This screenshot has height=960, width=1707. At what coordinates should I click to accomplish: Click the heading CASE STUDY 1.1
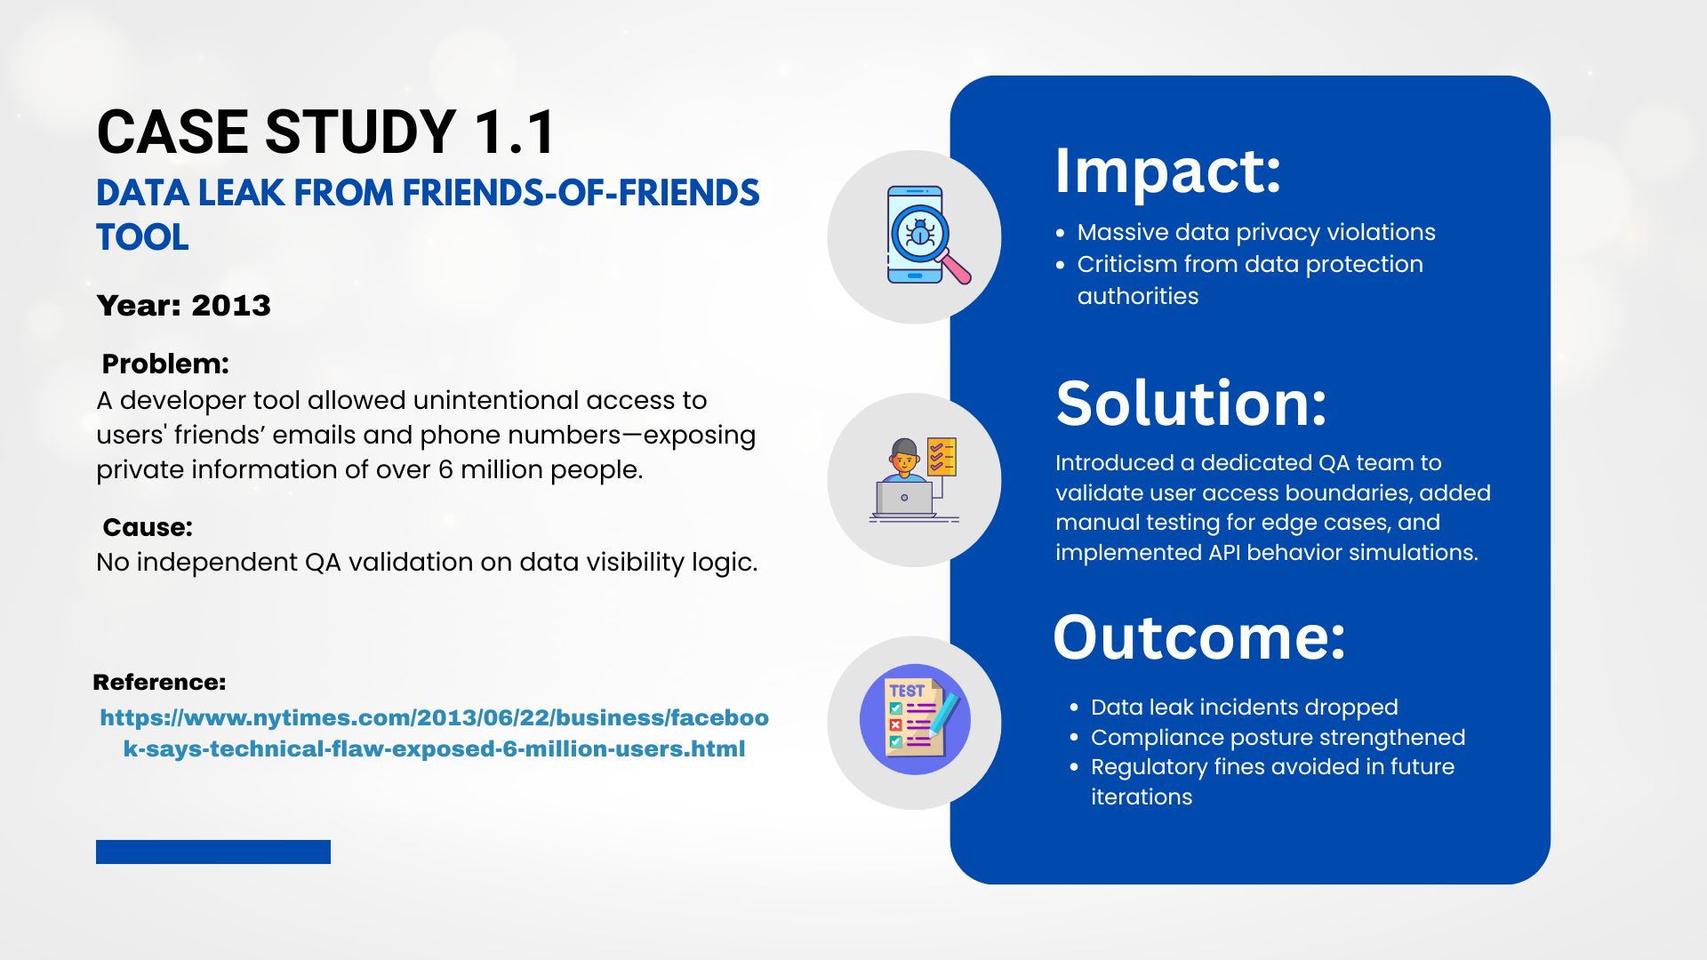pyautogui.click(x=325, y=132)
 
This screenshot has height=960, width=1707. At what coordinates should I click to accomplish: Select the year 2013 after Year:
pyautogui.click(x=231, y=305)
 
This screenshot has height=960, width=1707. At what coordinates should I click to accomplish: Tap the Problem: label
pyautogui.click(x=165, y=364)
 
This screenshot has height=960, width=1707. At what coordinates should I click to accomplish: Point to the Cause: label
pyautogui.click(x=148, y=527)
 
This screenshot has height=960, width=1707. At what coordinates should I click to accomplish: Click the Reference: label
pyautogui.click(x=159, y=682)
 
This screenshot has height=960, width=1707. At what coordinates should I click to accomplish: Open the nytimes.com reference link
pyautogui.click(x=434, y=733)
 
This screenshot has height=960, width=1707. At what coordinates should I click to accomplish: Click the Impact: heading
pyautogui.click(x=1167, y=171)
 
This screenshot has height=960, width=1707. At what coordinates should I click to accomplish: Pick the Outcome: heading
pyautogui.click(x=1199, y=637)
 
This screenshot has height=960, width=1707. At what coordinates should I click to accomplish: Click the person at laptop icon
pyautogui.click(x=914, y=480)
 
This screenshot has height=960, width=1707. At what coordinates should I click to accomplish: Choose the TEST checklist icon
pyautogui.click(x=915, y=719)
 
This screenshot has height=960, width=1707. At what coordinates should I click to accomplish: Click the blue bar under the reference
pyautogui.click(x=213, y=852)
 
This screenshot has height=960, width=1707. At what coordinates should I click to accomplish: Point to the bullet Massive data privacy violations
pyautogui.click(x=1256, y=232)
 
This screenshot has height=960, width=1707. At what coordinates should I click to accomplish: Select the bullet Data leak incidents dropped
pyautogui.click(x=1245, y=707)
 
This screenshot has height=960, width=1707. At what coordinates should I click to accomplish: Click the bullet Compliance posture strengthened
pyautogui.click(x=1278, y=737)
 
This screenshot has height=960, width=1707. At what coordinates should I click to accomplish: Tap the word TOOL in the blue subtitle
pyautogui.click(x=142, y=237)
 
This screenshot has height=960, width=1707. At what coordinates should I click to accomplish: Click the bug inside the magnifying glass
pyautogui.click(x=919, y=233)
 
